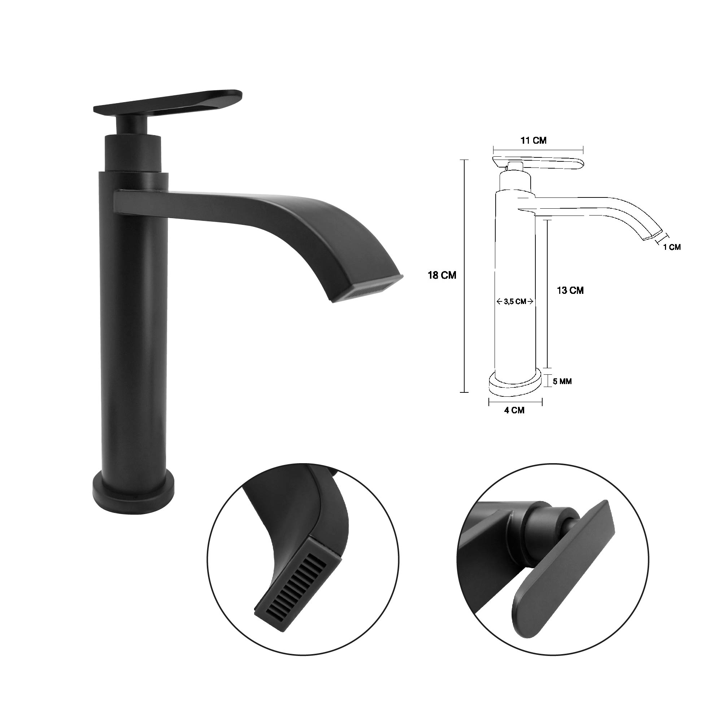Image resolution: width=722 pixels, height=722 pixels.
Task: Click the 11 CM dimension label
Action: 534,140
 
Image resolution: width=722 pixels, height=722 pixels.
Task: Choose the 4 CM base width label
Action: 514,410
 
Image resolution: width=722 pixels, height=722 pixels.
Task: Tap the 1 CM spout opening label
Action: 672,247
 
